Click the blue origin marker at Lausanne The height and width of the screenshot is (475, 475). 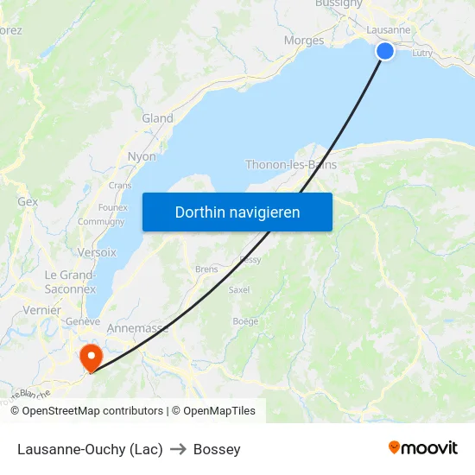pos(385,51)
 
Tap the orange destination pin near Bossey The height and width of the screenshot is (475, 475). pos(90,357)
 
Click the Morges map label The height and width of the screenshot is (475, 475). pos(304,41)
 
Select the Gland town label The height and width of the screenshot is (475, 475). pos(157,118)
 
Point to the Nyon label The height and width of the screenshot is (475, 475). pos(142,157)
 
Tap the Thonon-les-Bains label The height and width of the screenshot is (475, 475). pos(291,165)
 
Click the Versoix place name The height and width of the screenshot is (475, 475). pos(97,252)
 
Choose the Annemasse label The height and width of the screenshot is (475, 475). pos(137,329)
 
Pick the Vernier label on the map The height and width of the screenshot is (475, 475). pos(41,310)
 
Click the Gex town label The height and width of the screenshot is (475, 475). pos(28,201)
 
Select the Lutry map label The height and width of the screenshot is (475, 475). pos(422,54)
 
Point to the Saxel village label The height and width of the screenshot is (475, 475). pos(239,290)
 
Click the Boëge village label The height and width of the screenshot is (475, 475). pos(245,321)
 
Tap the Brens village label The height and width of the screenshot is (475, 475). pos(206,269)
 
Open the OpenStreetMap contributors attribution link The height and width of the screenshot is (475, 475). pos(92,411)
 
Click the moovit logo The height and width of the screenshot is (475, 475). pos(422,448)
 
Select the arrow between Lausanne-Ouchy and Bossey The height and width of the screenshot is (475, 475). pos(179,449)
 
